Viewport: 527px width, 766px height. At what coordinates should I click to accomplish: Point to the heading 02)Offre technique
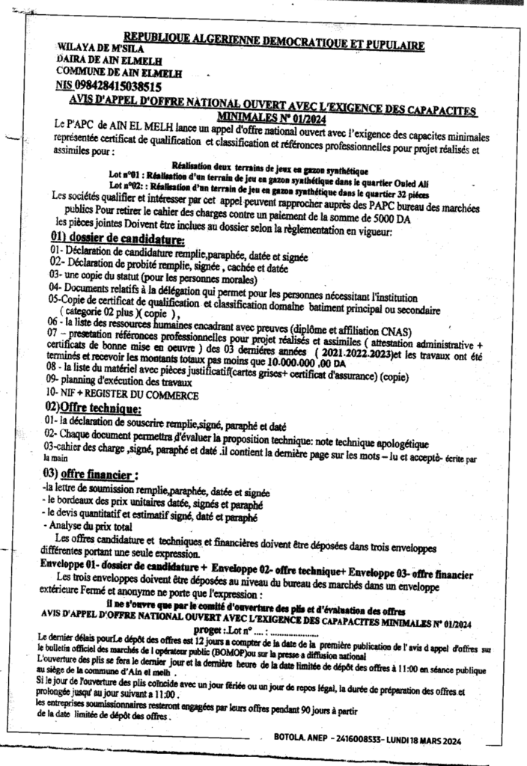(94, 408)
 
